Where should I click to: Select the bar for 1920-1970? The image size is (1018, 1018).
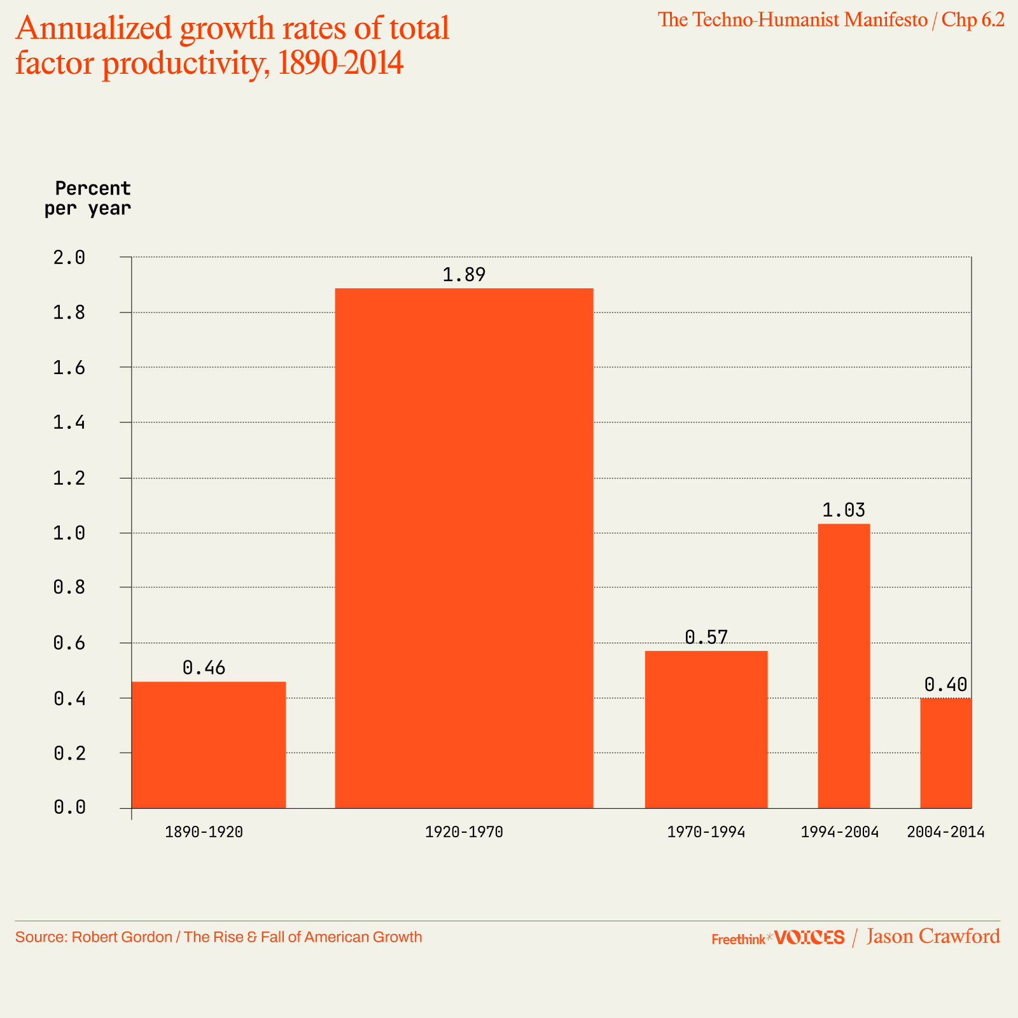[x=464, y=548]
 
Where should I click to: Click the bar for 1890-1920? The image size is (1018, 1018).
[x=208, y=744]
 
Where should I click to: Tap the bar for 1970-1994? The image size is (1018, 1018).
[x=706, y=729]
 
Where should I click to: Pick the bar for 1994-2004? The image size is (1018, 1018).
[x=844, y=666]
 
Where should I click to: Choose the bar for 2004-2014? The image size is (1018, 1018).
[x=945, y=753]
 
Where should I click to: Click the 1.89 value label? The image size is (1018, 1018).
[x=464, y=275]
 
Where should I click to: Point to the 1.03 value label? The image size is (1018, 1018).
[x=844, y=510]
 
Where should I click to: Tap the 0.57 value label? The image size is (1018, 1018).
[x=706, y=638]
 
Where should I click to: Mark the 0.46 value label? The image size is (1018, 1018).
[x=204, y=667]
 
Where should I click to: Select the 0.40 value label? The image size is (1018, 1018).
[x=945, y=685]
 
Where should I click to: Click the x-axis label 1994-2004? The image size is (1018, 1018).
[x=839, y=832]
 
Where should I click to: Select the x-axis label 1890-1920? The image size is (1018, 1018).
[x=204, y=832]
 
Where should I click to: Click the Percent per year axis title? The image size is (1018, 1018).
[x=88, y=199]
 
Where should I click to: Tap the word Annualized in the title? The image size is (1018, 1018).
[x=94, y=29]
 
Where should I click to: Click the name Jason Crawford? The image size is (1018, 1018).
[x=933, y=937]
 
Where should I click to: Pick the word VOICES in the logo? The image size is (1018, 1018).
[x=810, y=937]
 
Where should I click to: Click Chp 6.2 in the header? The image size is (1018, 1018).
[x=973, y=20]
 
